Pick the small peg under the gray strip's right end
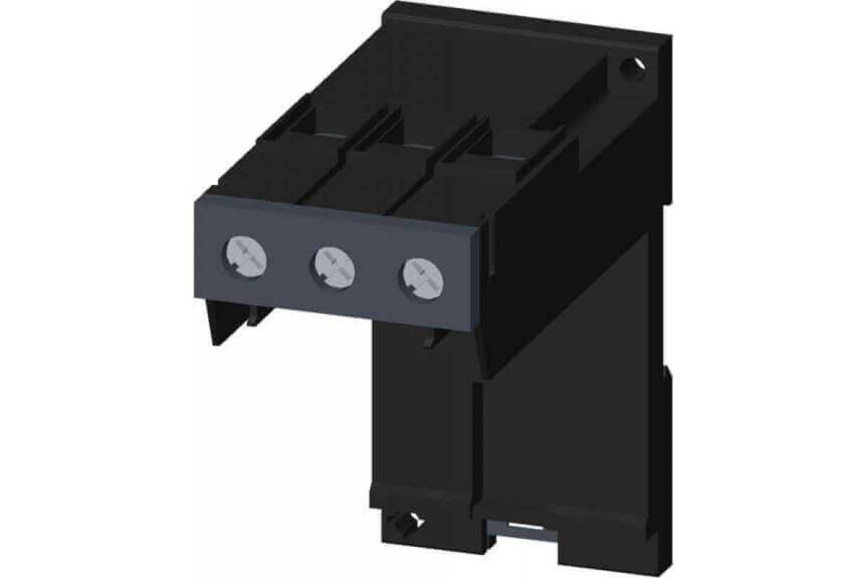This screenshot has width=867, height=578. pyautogui.click(x=429, y=340)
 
